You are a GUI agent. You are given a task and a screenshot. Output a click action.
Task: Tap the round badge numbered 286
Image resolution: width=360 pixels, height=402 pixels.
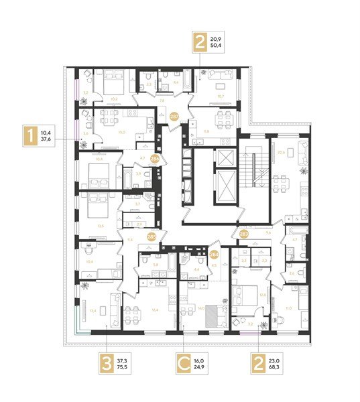pyautogui.click(x=155, y=159)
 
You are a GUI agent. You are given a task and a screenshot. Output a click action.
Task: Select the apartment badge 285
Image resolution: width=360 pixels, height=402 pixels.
pyautogui.click(x=152, y=236)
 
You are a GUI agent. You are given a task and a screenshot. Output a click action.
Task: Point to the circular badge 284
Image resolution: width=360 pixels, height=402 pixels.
pyautogui.click(x=215, y=254)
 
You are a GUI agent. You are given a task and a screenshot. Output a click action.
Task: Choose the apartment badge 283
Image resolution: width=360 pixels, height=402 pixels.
pyautogui.click(x=244, y=234)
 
